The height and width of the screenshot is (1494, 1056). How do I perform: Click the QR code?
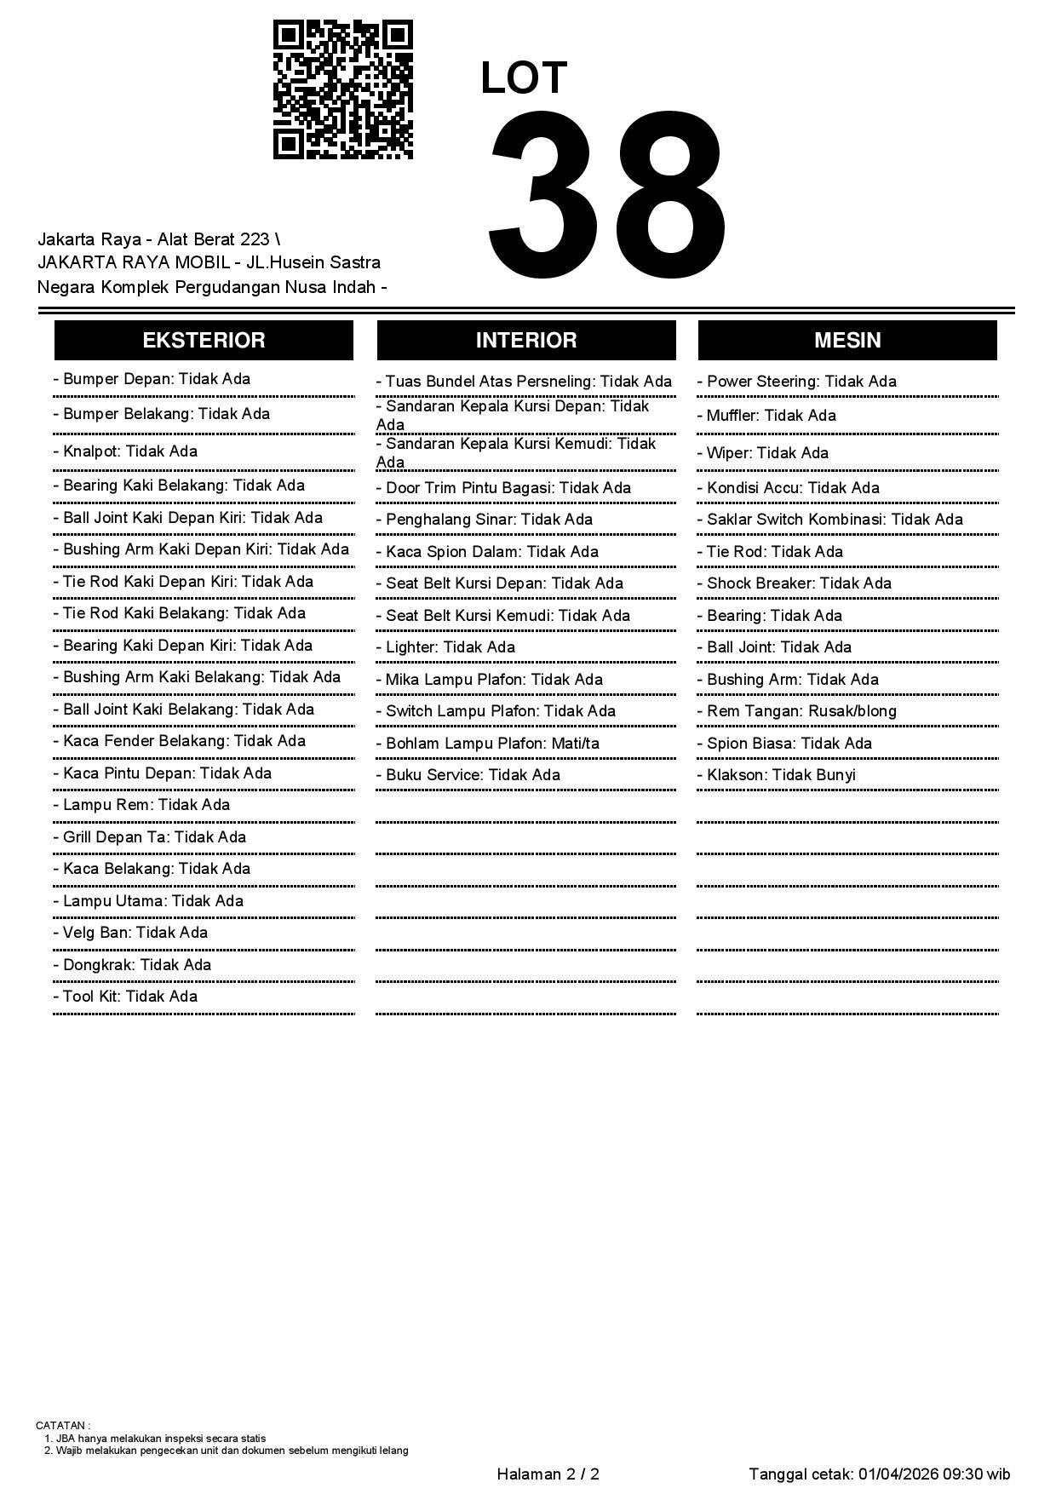point(342,89)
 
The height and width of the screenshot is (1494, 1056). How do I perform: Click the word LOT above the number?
point(523,78)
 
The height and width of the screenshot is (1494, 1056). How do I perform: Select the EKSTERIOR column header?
point(204,341)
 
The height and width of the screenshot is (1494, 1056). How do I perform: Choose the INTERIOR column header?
point(525,341)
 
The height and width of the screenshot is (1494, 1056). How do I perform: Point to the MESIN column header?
point(847,341)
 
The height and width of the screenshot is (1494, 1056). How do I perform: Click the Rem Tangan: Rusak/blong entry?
point(801,711)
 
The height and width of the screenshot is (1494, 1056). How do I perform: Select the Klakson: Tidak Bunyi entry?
point(780,775)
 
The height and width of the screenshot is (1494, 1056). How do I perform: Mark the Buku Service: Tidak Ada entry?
point(472,775)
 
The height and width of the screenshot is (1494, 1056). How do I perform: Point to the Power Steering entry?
point(801,382)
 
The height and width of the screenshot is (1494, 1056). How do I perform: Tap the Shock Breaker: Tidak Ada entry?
point(798,583)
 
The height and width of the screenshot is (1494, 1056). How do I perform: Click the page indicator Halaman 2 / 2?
point(548,1474)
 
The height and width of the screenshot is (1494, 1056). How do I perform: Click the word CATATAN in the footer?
point(61,1425)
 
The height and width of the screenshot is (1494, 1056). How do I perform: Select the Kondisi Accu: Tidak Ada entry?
point(792,488)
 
